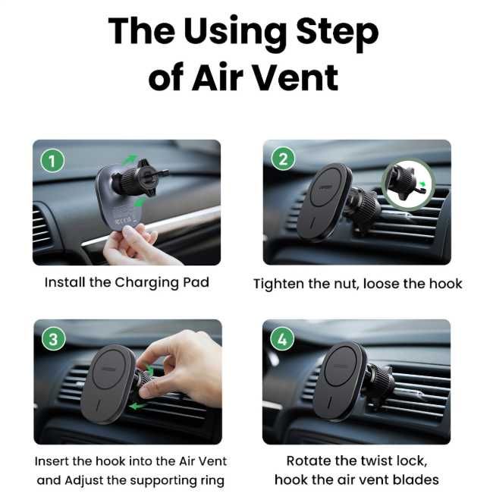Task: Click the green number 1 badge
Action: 52,161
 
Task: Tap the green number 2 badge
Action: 283,159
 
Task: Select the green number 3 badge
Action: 54,339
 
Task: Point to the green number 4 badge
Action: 282,339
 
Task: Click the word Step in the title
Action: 338,33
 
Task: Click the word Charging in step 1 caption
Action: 146,283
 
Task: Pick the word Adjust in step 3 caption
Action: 84,481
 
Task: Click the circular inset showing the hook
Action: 408,185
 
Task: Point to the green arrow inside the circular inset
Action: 423,184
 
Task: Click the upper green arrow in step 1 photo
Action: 130,159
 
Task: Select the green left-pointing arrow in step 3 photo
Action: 137,407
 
